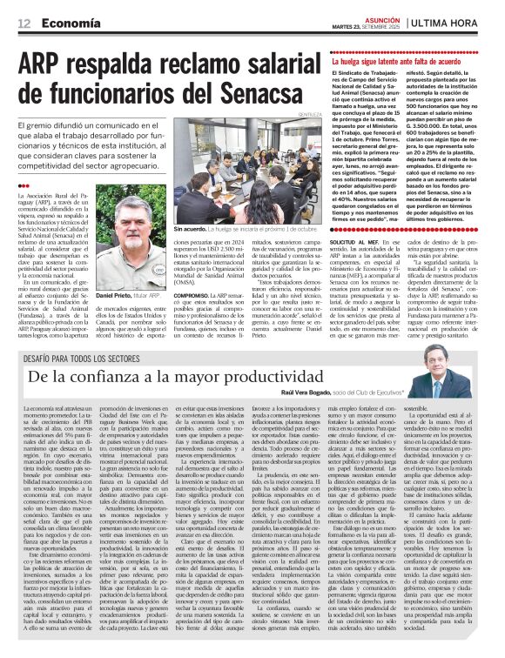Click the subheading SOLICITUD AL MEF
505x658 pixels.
355,239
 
